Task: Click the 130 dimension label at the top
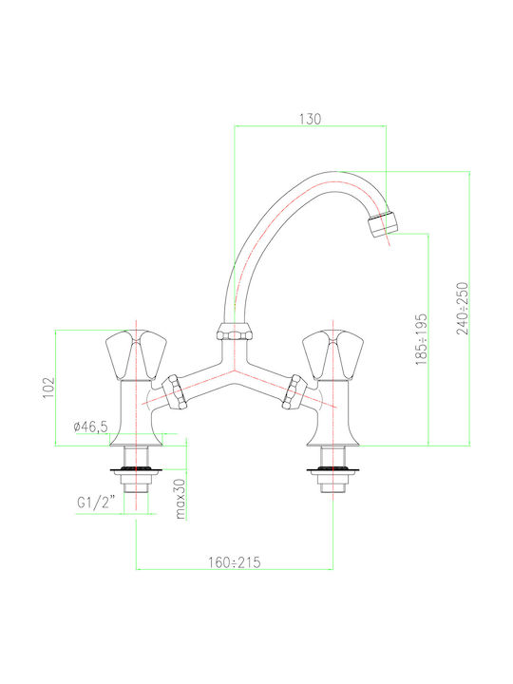pyautogui.click(x=310, y=119)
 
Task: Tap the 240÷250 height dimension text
pyautogui.click(x=463, y=309)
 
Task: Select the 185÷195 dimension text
pyautogui.click(x=421, y=339)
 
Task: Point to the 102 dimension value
pyautogui.click(x=48, y=388)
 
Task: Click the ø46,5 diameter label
pyautogui.click(x=91, y=427)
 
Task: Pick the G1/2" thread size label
pyautogui.click(x=96, y=503)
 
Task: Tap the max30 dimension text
pyautogui.click(x=180, y=499)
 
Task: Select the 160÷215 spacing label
pyautogui.click(x=235, y=562)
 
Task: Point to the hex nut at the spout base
pyautogui.click(x=235, y=332)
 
